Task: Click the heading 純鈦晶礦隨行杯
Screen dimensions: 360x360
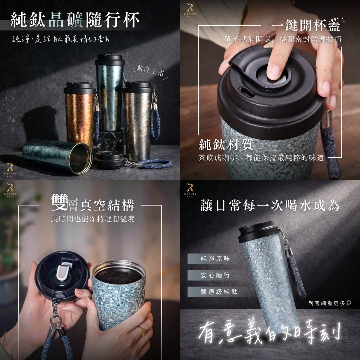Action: point(75,20)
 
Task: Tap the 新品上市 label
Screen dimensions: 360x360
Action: point(150,70)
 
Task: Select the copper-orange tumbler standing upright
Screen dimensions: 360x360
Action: point(79,114)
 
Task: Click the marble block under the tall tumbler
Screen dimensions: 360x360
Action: point(110,141)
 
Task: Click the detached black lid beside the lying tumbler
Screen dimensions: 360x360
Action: point(110,160)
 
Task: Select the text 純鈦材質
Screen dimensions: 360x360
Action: point(226,144)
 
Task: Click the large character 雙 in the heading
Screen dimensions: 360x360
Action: point(59,202)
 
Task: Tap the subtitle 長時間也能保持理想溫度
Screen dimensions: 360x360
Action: point(93,219)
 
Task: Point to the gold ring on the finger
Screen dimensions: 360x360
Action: point(142,331)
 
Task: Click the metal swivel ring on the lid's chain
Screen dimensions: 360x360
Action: point(55,319)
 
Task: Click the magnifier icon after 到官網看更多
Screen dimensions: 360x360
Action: point(348,303)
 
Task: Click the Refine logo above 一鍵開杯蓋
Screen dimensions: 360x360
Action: point(190,10)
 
